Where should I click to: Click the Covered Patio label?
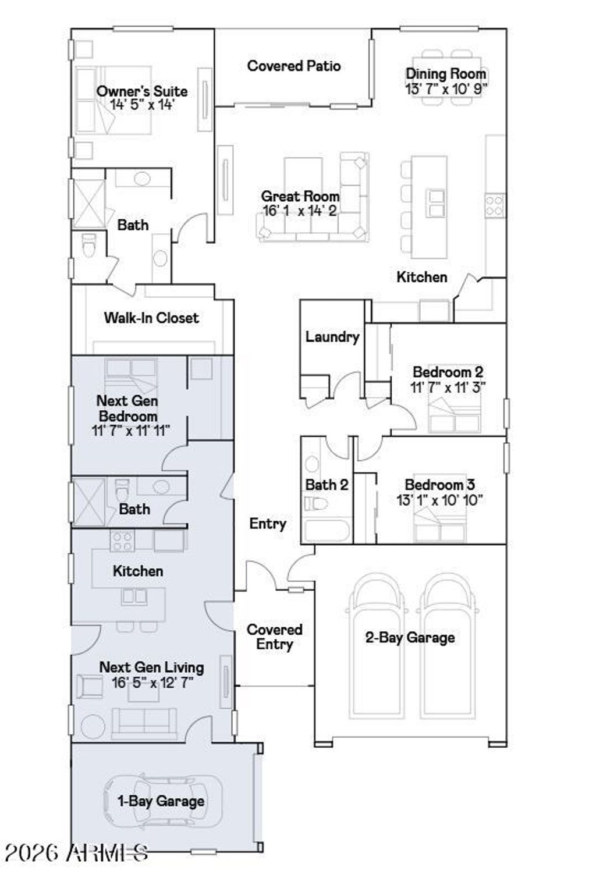293,66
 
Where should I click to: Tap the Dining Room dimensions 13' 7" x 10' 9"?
446,88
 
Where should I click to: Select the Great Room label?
300,196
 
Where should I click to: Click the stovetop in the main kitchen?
494,205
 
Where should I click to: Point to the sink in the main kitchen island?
435,203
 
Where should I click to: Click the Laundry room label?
332,337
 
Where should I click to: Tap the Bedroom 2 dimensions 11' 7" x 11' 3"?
448,387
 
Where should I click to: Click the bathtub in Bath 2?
327,531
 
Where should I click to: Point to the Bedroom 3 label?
440,485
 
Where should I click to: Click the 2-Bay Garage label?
410,638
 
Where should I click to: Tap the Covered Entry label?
275,637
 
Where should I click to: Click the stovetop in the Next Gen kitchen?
122,541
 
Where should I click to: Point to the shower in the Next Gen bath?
90,502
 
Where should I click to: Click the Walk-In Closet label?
151,318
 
